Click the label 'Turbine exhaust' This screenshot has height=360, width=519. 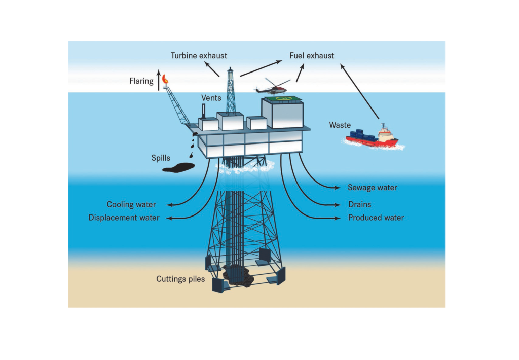pos(199,55)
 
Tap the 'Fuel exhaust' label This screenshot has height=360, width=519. pos(312,55)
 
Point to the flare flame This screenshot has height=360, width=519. pos(166,79)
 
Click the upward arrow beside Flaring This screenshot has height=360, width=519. pos(158,80)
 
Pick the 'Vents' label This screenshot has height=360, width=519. pos(211,97)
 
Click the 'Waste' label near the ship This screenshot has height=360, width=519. pos(340,125)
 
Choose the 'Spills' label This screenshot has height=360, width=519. pos(161,158)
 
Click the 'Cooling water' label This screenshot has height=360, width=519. pos(131,204)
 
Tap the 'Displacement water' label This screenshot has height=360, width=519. pos(124,218)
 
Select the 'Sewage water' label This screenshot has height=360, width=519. pos(373,188)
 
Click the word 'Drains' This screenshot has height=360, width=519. pos(360,204)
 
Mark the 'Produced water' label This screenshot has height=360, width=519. pos(376,218)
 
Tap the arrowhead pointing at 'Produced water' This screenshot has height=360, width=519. pos(338,218)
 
